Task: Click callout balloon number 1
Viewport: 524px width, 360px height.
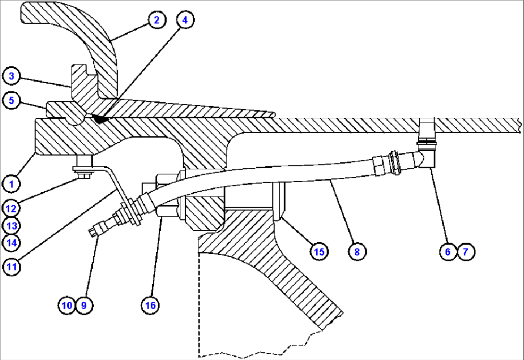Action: (12, 184)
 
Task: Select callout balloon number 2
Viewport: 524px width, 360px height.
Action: (157, 20)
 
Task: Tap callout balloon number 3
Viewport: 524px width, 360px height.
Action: (12, 76)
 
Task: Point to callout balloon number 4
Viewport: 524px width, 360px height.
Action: (185, 20)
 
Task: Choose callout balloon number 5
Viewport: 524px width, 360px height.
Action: (12, 100)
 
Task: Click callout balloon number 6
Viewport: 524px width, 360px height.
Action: (448, 251)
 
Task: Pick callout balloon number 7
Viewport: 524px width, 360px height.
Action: (466, 251)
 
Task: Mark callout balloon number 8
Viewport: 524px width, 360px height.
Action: (357, 251)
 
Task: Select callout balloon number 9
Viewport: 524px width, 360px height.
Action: (84, 305)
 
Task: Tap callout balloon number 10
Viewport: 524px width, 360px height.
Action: (67, 305)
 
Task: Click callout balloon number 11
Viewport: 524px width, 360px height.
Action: (12, 267)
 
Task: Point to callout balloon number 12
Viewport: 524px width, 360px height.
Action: (12, 209)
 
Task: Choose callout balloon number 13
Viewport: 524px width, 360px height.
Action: (12, 226)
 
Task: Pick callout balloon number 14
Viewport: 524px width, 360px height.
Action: (12, 243)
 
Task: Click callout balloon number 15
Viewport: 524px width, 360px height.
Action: (319, 251)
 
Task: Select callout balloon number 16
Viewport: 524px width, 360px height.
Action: (150, 305)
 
